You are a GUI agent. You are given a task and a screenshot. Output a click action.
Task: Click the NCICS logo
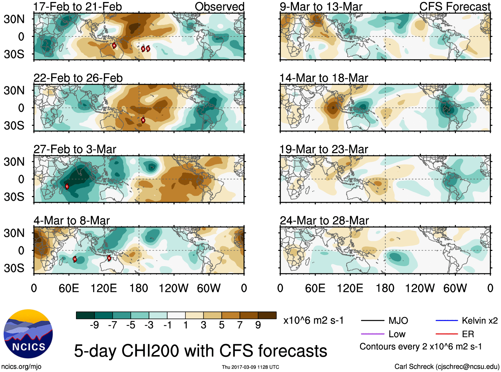[x=28, y=334]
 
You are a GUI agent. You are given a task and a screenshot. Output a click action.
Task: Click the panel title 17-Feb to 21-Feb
[x=78, y=7]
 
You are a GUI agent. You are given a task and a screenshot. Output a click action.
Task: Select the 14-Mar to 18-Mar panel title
[x=324, y=78]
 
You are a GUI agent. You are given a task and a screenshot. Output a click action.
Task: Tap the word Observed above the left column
[x=219, y=7]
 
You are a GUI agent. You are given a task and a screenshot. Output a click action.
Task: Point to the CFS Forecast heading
[x=455, y=7]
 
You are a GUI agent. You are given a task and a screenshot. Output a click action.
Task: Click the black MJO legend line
[x=372, y=321]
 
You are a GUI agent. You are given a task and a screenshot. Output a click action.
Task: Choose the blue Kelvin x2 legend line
[x=447, y=321]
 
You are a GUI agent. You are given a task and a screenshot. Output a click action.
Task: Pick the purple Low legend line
[x=372, y=334]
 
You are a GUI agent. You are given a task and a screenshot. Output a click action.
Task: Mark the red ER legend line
[x=447, y=334]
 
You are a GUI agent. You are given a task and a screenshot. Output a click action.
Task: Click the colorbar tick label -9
[x=94, y=325]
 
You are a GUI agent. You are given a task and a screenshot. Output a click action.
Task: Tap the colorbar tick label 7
[x=240, y=325]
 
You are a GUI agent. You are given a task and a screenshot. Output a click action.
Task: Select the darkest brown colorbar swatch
[x=267, y=315]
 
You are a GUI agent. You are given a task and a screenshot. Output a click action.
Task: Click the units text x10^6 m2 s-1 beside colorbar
[x=314, y=321]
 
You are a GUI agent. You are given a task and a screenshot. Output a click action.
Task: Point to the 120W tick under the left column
[x=174, y=288]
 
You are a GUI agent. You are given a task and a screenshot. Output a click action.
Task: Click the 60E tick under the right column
[x=315, y=288]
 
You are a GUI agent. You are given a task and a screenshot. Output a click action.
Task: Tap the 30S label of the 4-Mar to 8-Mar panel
[x=14, y=268]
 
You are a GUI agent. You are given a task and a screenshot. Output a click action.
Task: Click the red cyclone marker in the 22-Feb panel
[x=143, y=120]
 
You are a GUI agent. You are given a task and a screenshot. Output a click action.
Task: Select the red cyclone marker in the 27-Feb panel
[x=67, y=186]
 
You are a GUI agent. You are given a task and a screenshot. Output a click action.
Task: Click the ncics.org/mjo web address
[x=21, y=367]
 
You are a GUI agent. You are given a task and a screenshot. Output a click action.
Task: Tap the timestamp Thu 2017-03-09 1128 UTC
[x=250, y=367]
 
